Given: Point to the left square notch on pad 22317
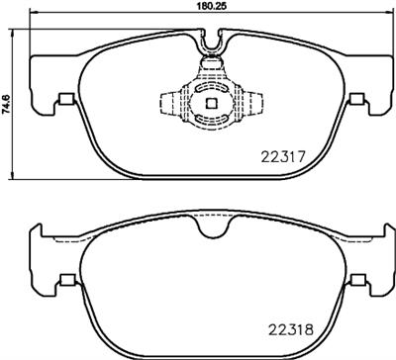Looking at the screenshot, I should pos(66,98).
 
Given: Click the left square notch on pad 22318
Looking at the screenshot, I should pos(66,279).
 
